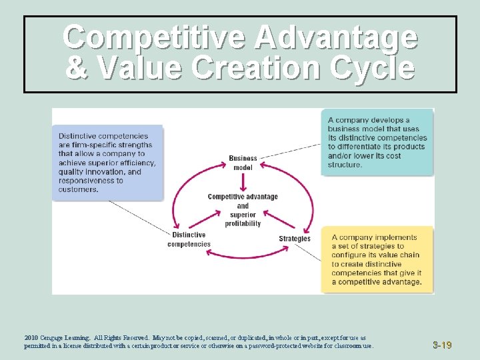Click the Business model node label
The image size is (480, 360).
pyautogui.click(x=243, y=163)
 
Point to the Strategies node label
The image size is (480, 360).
pyautogui.click(x=294, y=239)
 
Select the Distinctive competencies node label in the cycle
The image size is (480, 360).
pyautogui.click(x=189, y=239)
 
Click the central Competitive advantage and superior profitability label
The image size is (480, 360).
pyautogui.click(x=243, y=210)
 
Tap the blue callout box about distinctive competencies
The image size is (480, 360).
pyautogui.click(x=107, y=162)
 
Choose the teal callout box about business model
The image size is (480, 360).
pyautogui.click(x=377, y=142)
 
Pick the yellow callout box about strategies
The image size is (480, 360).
pyautogui.click(x=377, y=259)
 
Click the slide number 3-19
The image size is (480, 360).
pyautogui.click(x=441, y=345)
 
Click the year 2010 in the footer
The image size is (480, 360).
pyautogui.click(x=31, y=338)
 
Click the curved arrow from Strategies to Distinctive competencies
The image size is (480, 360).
pyautogui.click(x=243, y=255)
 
